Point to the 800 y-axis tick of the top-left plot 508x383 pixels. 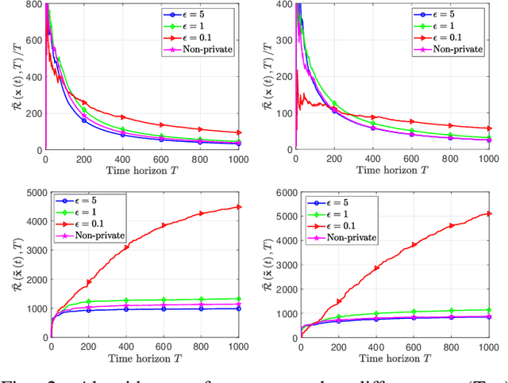[x=34, y=4]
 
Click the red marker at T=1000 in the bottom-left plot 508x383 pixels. [x=239, y=208]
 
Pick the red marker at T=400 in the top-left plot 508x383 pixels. [x=123, y=117]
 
